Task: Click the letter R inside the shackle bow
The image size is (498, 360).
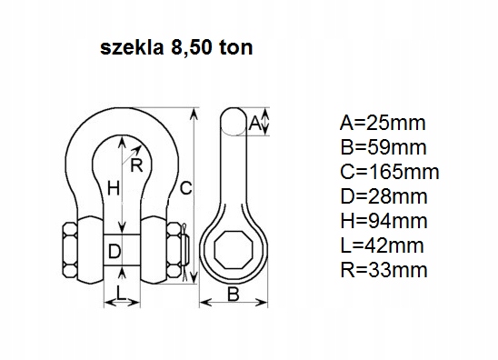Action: pyautogui.click(x=136, y=165)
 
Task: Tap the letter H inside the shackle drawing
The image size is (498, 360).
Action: pyautogui.click(x=114, y=189)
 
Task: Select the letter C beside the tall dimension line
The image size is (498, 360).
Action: pyautogui.click(x=185, y=189)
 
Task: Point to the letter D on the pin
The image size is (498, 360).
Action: pyautogui.click(x=114, y=250)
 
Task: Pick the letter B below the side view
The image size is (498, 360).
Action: pyautogui.click(x=233, y=293)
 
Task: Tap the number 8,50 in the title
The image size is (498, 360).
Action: pyautogui.click(x=188, y=47)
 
